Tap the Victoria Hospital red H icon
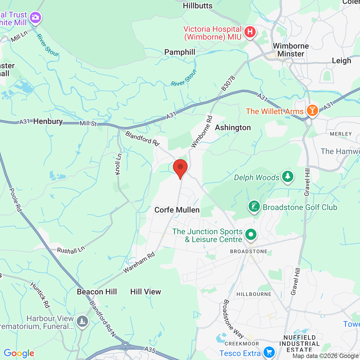click(x=250, y=32)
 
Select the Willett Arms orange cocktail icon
click(x=312, y=110)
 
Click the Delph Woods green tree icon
click(x=287, y=177)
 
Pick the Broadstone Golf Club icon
click(x=254, y=207)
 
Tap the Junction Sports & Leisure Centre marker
click(x=251, y=234)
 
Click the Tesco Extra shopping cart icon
click(x=269, y=352)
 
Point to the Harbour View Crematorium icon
click(x=82, y=321)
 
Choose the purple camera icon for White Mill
click(x=35, y=17)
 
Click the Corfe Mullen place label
click(x=177, y=210)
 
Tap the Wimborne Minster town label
click(x=291, y=50)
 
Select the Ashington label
click(x=233, y=128)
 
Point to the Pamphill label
click(x=180, y=52)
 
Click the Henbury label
click(x=48, y=121)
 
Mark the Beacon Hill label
click(x=97, y=292)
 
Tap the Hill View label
click(x=146, y=292)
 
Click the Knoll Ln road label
click(x=119, y=164)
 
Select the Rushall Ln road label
click(x=71, y=250)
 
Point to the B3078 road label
click(x=228, y=84)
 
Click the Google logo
click(x=19, y=353)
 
